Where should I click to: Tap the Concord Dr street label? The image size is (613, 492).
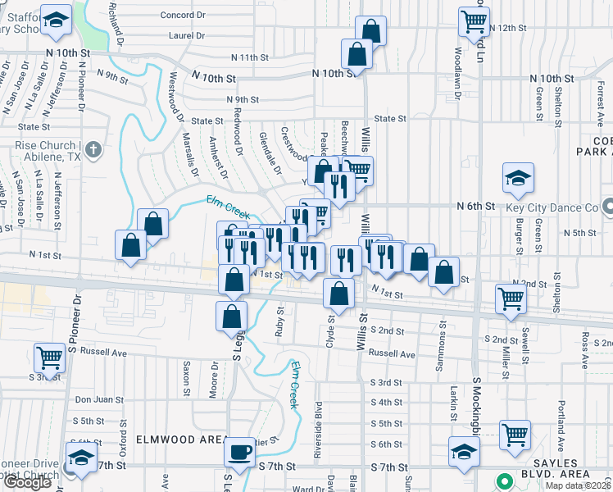click(x=182, y=15)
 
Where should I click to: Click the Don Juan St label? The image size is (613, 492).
click(x=99, y=399)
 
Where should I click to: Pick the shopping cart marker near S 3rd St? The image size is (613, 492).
click(x=49, y=358)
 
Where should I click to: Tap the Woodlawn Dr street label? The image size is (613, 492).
click(x=457, y=57)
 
